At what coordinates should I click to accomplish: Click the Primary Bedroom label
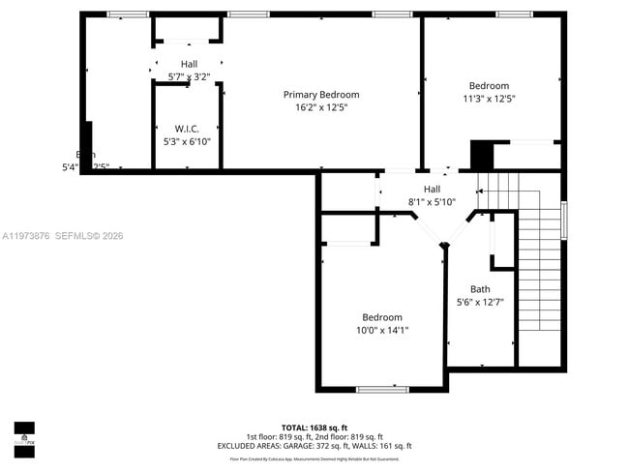[320, 95]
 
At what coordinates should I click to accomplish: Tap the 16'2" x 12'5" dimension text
[320, 107]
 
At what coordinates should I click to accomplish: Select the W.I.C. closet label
[187, 129]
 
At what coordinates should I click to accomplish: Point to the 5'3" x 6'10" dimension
[187, 141]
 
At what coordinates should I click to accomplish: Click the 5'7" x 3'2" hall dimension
[188, 76]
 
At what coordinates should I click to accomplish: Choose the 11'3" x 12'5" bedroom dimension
[489, 98]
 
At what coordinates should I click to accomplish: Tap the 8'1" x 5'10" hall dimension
[432, 201]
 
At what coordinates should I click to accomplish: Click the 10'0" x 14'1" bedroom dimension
[382, 330]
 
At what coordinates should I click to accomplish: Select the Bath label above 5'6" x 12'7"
[480, 289]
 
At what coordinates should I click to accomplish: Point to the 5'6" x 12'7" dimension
[480, 302]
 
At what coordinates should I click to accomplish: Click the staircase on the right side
[540, 261]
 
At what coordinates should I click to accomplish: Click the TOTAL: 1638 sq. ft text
[314, 427]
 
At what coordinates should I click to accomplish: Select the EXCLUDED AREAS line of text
[314, 446]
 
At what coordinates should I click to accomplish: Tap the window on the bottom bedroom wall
[382, 389]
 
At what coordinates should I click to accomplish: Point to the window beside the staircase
[564, 220]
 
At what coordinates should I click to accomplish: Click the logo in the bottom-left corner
[24, 440]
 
